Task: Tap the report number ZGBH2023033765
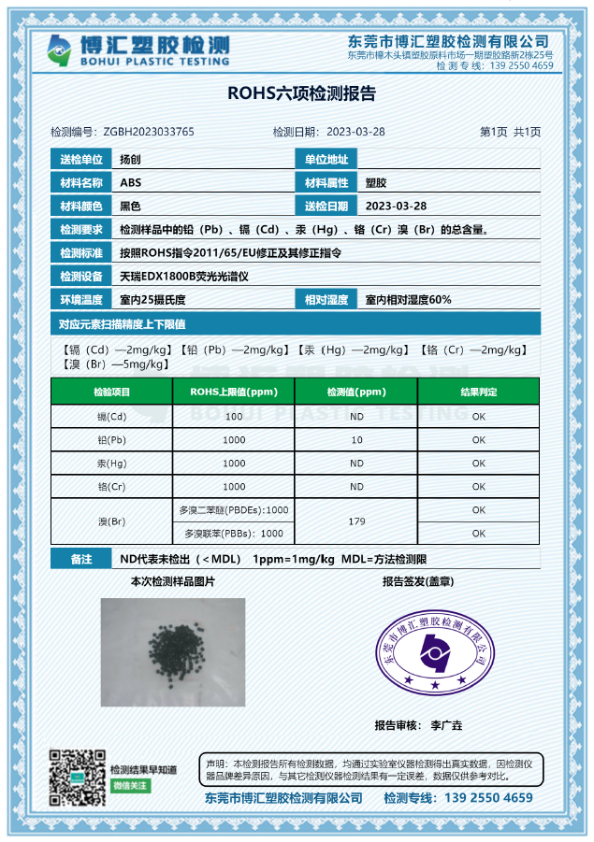tap(149, 132)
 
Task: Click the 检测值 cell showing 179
tap(356, 521)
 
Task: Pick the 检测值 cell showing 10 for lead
tap(356, 439)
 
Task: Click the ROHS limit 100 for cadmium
tap(234, 416)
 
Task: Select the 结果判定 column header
tap(478, 392)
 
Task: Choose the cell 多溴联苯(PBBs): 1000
tap(234, 533)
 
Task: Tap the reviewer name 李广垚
tap(446, 725)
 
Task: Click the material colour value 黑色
tap(130, 206)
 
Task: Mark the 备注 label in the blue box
tap(80, 559)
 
